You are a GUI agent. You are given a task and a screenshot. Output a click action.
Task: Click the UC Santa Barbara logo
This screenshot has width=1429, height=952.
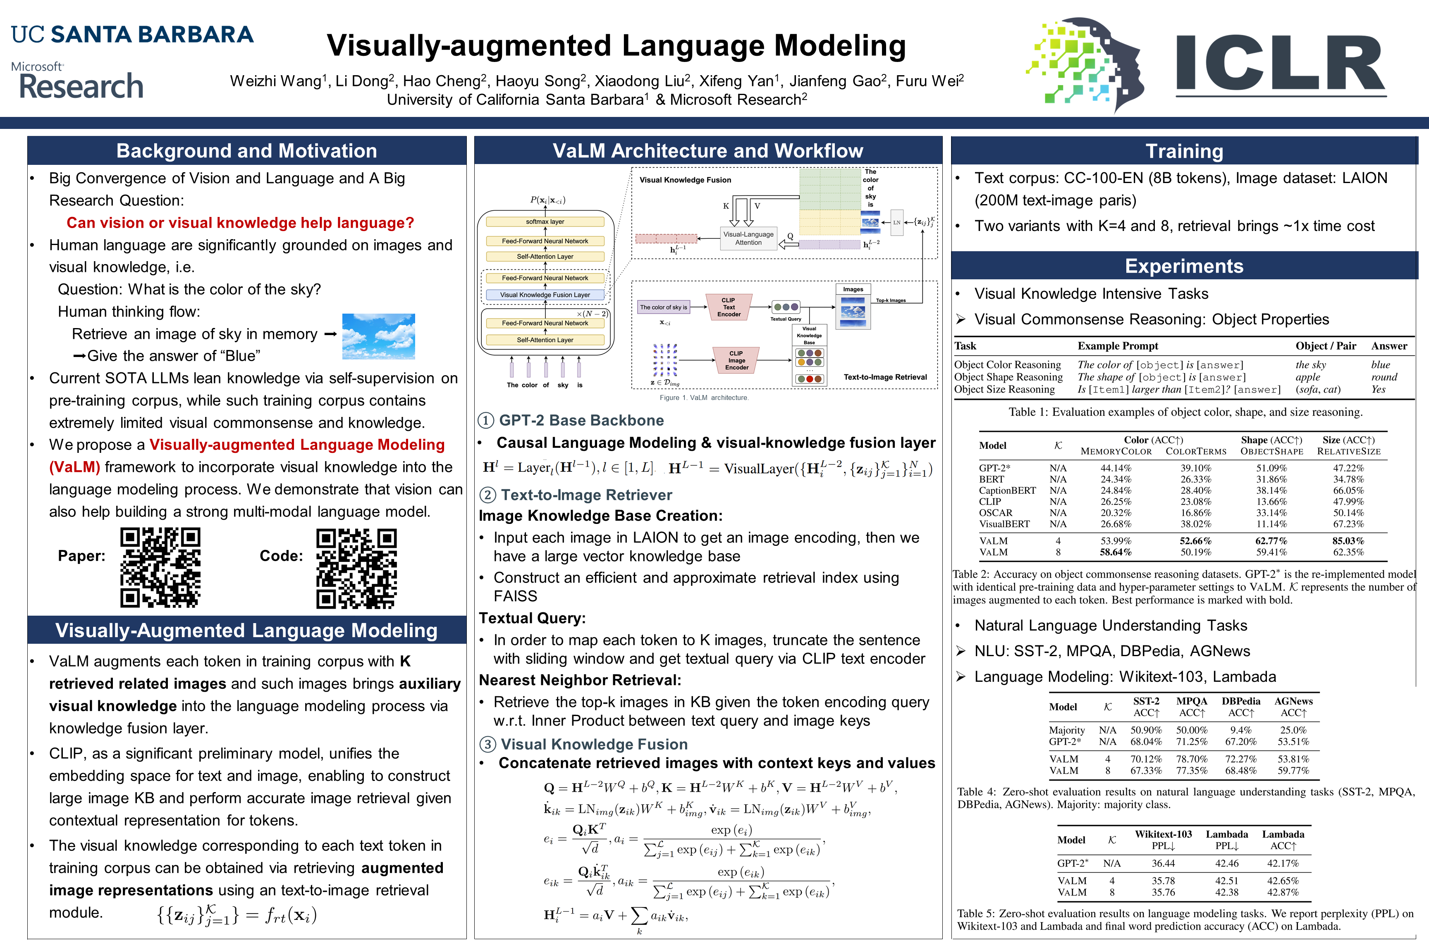132,35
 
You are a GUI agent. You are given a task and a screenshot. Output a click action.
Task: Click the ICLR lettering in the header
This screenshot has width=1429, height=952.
1280,64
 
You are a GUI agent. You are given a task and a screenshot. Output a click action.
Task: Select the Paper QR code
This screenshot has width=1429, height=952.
160,568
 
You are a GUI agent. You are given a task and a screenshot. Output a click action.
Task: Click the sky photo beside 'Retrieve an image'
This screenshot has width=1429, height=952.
378,336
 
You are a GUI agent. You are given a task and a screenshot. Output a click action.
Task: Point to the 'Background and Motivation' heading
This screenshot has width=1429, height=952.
247,150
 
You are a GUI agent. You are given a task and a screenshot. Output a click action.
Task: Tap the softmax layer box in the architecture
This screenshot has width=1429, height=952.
545,221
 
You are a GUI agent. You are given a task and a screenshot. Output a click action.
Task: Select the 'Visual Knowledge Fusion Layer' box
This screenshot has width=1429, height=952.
545,295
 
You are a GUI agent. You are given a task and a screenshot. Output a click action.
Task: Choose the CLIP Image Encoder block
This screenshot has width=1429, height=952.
736,360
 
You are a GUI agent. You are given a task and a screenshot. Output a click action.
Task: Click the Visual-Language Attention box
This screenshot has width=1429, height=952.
748,238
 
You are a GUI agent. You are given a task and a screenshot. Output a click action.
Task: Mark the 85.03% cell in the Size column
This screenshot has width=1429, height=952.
1348,541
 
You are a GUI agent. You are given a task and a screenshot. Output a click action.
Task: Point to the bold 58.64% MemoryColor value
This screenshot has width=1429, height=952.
1116,552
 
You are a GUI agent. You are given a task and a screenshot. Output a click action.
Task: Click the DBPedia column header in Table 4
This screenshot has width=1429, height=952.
1241,701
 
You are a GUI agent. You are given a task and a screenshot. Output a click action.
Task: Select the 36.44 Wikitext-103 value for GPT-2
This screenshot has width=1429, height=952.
1163,863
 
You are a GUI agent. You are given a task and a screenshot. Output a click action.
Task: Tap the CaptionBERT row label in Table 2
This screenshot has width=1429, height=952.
1007,490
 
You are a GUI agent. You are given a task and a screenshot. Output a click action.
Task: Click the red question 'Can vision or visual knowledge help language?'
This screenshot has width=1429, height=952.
240,223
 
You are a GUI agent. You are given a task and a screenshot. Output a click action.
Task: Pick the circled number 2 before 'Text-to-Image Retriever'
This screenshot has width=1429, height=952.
487,495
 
